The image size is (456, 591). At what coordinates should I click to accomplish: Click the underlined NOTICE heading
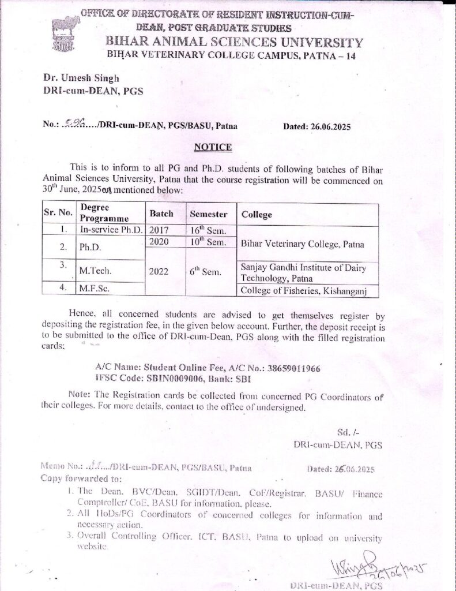pyautogui.click(x=213, y=147)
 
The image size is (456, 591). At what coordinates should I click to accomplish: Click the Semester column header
pyautogui.click(x=209, y=214)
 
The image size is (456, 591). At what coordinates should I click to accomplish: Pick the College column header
pyautogui.click(x=257, y=214)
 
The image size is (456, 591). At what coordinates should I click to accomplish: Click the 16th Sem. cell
pyautogui.click(x=208, y=230)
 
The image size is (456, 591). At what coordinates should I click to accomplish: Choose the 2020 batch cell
pyautogui.click(x=159, y=242)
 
